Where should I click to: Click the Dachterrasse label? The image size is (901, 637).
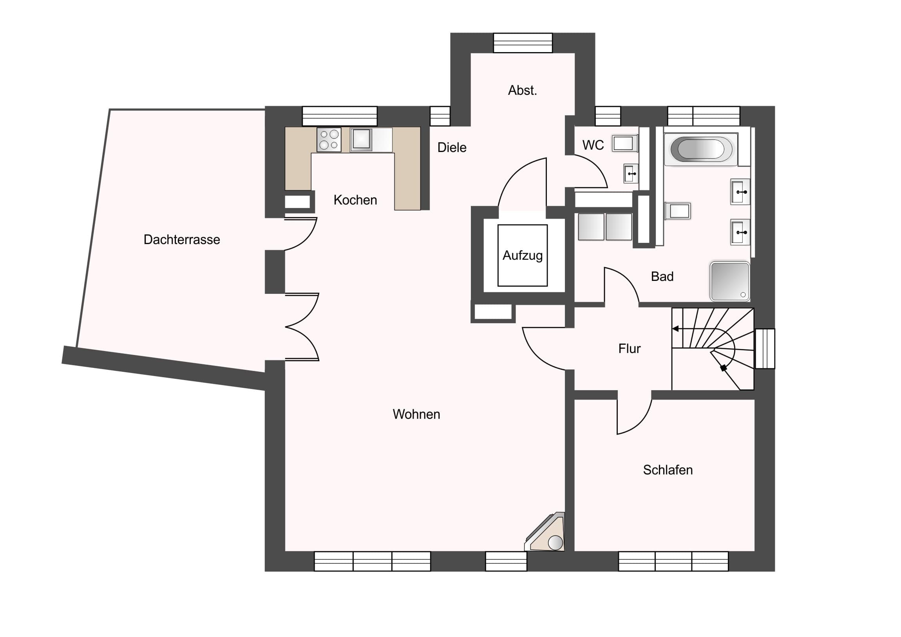[182, 239]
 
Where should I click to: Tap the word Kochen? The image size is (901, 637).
[355, 200]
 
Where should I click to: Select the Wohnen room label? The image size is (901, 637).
[416, 414]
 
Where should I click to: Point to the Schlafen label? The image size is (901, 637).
[668, 470]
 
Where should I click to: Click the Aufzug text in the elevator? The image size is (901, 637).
[523, 255]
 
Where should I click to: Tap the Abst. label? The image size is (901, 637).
[522, 90]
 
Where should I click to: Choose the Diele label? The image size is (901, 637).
[452, 148]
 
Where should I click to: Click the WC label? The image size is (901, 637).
[593, 145]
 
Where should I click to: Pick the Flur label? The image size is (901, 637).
[630, 349]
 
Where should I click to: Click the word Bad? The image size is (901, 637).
[662, 277]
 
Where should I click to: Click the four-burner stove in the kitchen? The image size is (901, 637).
[329, 140]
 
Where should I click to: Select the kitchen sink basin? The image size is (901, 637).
[362, 139]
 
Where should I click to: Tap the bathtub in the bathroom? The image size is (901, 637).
[701, 149]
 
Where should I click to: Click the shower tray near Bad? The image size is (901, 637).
[730, 281]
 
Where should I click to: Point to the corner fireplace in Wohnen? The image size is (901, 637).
[545, 533]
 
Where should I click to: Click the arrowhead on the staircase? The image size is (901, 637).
[675, 329]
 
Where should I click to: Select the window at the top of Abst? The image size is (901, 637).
[523, 43]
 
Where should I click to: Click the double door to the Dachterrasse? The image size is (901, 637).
[301, 327]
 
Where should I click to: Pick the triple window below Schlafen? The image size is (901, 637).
[673, 561]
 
